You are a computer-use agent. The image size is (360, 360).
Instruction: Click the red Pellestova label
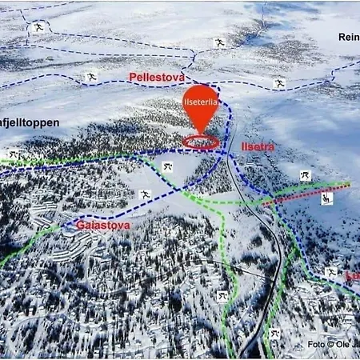tap(157, 77)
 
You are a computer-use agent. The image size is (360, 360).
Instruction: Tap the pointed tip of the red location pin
tap(201, 133)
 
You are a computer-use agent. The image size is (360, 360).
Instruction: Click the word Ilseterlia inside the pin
tap(200, 102)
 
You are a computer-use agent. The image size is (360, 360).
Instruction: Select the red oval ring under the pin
tap(201, 142)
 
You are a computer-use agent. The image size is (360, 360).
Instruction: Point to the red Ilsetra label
tap(257, 146)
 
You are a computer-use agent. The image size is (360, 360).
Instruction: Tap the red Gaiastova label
tap(102, 226)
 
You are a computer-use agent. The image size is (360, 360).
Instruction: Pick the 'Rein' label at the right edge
tap(349, 37)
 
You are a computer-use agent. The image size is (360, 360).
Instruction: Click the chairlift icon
tap(326, 198)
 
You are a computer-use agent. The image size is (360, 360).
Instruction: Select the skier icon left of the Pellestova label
tap(91, 78)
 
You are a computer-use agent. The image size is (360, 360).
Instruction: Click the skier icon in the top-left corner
tap(37, 28)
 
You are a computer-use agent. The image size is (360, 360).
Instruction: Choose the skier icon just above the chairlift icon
tap(305, 175)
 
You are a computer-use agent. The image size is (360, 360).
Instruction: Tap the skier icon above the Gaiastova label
tap(146, 194)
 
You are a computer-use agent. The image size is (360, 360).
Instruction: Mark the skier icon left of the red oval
tap(167, 166)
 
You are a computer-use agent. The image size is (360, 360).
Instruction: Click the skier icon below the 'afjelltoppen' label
tap(14, 154)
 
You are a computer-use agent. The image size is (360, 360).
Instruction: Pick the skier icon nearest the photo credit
tap(274, 333)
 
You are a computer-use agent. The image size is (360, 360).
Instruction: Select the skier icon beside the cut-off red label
tap(330, 273)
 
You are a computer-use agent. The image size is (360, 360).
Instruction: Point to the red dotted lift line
tap(308, 194)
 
